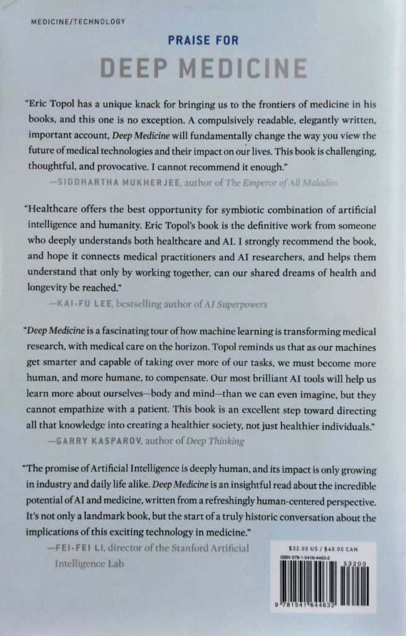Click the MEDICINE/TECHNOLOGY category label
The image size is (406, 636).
click(78, 22)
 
